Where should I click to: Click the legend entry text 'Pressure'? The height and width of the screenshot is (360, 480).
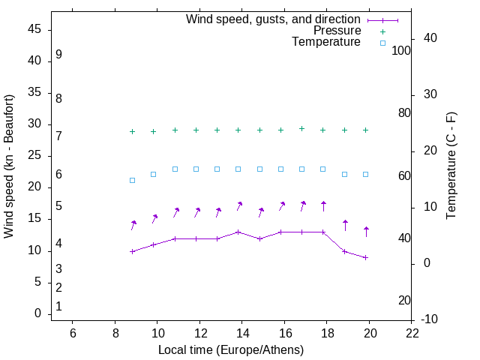coord(337,31)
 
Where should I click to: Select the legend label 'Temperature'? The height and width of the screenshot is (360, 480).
coord(326,42)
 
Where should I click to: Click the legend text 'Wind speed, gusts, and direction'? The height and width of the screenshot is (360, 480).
coord(273,19)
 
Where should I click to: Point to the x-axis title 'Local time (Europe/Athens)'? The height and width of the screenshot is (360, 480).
coord(231,350)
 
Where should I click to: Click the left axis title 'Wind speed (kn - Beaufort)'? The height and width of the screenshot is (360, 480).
coord(9,166)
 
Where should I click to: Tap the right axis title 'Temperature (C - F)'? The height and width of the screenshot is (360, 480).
coord(451,166)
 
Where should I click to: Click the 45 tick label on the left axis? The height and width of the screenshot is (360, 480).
coord(34,30)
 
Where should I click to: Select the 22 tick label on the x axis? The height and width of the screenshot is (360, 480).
coord(412,332)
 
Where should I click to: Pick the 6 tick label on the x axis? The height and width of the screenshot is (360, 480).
coord(73,332)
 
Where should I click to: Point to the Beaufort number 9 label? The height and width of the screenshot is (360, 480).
coord(58,55)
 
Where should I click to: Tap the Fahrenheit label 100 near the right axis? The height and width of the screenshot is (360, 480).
coord(402,50)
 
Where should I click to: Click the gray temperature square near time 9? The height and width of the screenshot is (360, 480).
coord(132,180)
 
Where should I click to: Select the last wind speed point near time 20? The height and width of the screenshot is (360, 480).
coord(365,257)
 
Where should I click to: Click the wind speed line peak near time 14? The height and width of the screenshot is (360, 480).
coord(238,232)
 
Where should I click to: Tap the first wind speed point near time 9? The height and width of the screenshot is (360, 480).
coord(132,251)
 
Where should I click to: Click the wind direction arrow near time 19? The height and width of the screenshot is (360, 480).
coord(345,225)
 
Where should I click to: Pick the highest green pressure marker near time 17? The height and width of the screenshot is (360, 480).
coord(301,128)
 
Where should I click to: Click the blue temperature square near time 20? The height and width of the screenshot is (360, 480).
coord(365,174)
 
